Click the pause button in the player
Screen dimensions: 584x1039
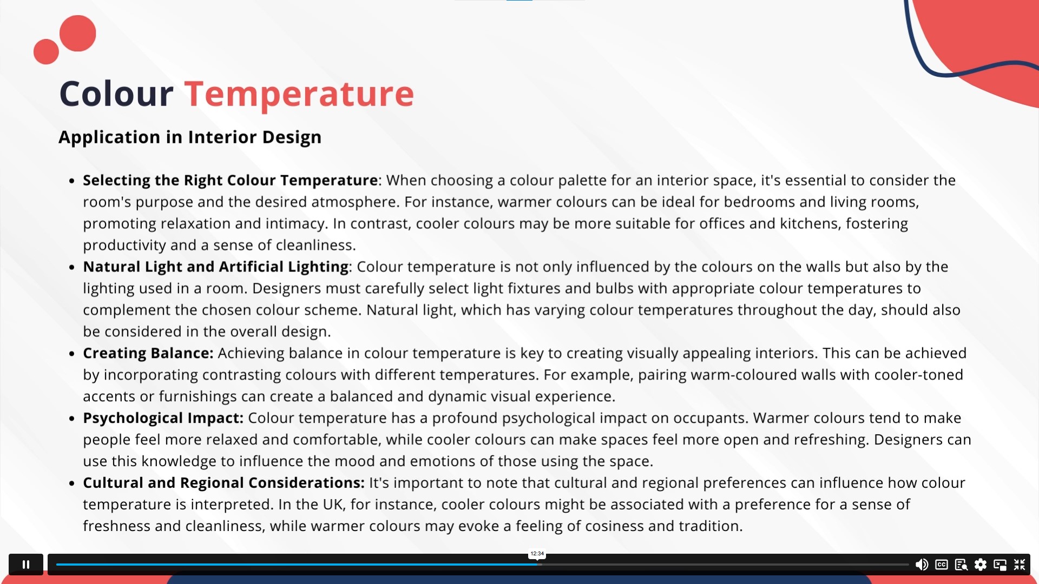click(26, 565)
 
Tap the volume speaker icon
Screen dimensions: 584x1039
click(922, 565)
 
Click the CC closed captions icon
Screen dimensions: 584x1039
click(942, 565)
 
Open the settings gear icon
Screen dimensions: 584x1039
click(981, 565)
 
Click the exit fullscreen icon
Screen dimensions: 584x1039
click(1020, 565)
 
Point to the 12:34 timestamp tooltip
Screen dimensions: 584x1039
click(537, 554)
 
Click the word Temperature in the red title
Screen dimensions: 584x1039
click(299, 94)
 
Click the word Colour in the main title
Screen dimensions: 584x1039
click(116, 94)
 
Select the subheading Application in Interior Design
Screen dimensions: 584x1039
click(190, 137)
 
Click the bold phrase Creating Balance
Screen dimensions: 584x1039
click(148, 353)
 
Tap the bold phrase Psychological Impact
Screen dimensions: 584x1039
click(163, 418)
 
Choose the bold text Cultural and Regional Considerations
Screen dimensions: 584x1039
click(223, 483)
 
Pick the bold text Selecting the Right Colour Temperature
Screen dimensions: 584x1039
click(231, 180)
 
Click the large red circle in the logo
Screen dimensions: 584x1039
click(78, 34)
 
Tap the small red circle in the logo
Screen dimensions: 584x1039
click(46, 52)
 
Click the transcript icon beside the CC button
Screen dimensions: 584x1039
click(961, 565)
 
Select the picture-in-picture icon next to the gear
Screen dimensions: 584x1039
click(1000, 565)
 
